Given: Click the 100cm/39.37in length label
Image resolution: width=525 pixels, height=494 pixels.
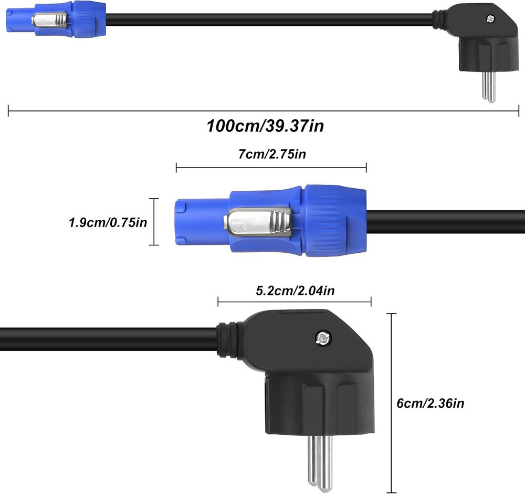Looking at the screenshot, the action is (x=265, y=126).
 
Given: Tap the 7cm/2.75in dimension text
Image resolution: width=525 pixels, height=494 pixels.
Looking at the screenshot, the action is (x=272, y=154).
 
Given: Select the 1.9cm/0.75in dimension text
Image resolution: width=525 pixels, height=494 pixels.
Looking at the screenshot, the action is (x=108, y=222).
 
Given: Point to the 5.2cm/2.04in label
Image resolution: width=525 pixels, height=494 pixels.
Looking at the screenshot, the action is (x=295, y=291).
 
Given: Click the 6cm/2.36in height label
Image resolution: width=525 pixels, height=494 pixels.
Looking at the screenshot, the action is (x=430, y=403).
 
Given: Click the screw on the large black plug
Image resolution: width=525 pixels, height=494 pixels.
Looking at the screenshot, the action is (x=323, y=338).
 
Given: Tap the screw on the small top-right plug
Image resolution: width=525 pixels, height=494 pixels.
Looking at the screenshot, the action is (x=490, y=19).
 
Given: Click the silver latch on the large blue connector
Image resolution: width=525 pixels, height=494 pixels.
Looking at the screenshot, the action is (x=257, y=222).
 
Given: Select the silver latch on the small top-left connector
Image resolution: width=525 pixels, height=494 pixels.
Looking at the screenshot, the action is (x=49, y=20).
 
